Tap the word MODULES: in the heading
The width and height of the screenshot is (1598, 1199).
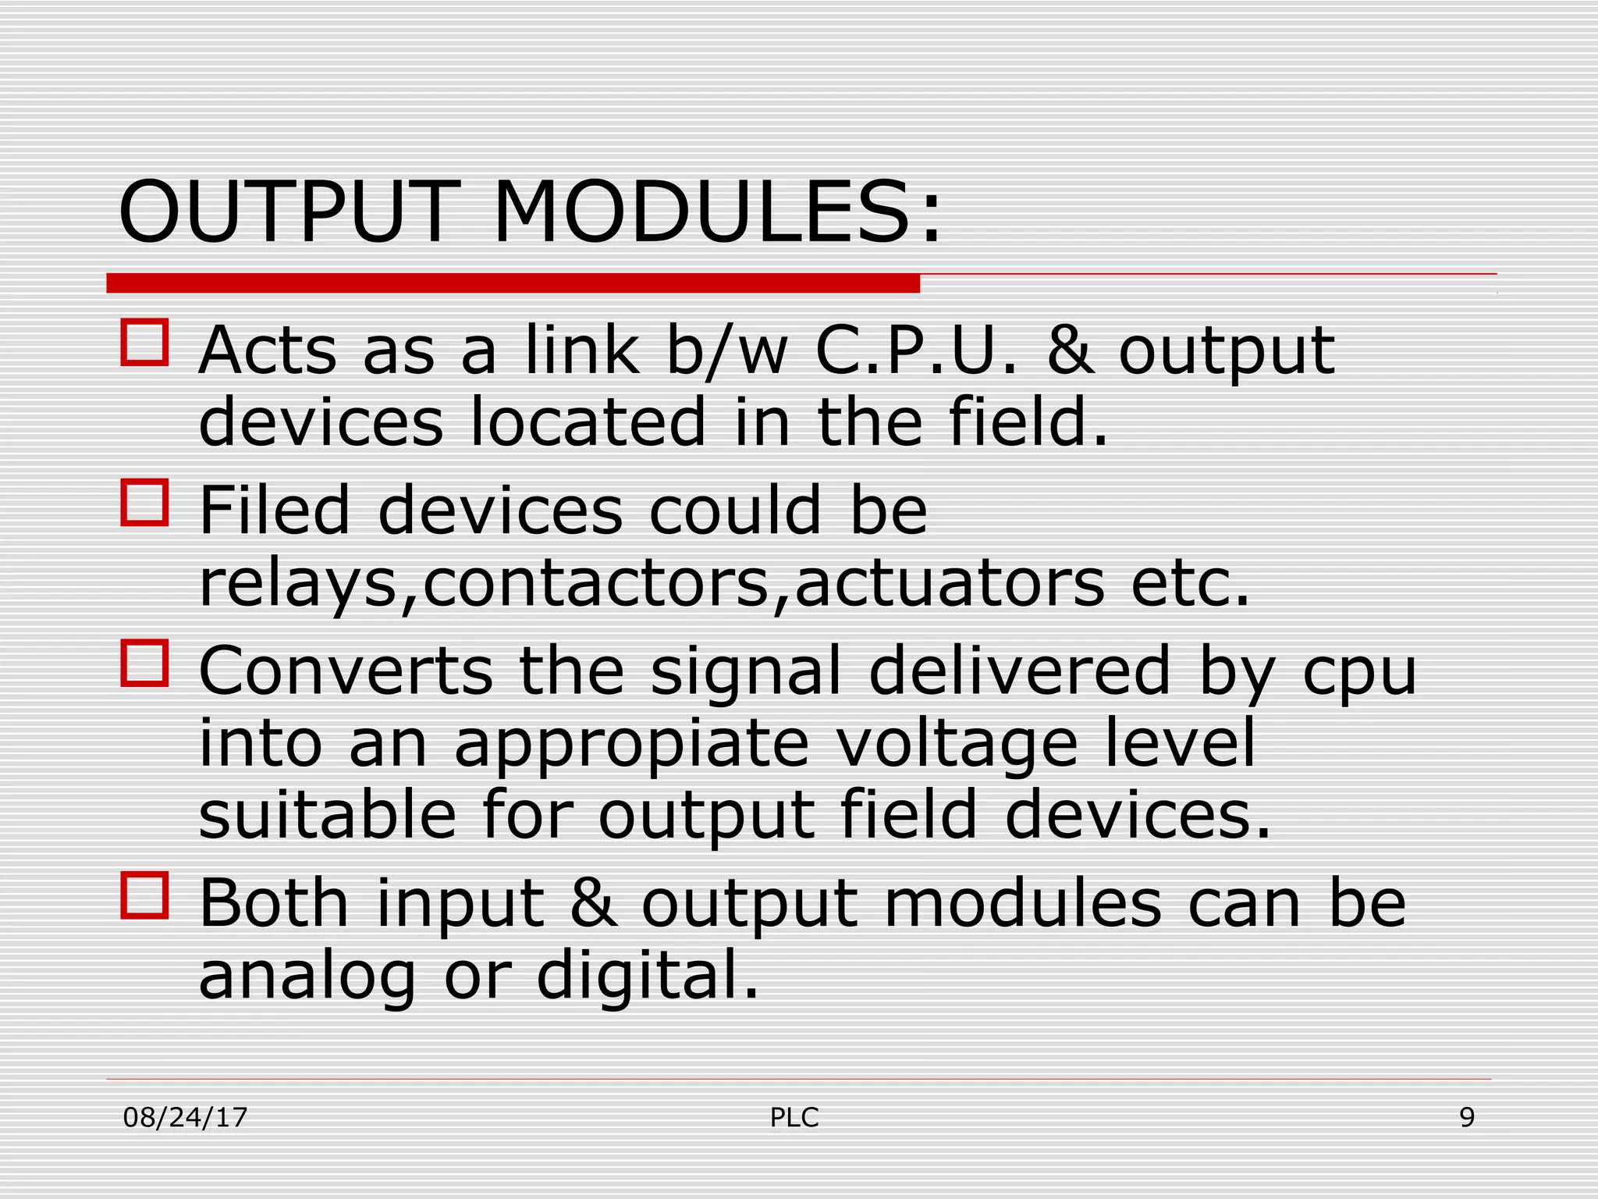point(718,212)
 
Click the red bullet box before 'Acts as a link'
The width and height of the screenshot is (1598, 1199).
point(145,342)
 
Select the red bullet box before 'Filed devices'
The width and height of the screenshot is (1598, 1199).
point(145,503)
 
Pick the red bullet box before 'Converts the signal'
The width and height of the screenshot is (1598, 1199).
point(145,663)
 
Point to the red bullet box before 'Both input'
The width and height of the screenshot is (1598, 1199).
point(145,895)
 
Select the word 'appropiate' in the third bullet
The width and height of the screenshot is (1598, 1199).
point(631,742)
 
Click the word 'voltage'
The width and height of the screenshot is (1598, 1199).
point(957,742)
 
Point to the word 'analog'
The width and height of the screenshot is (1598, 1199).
point(307,976)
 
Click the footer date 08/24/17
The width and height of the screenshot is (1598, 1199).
point(186,1118)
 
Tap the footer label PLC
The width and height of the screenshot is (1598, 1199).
point(794,1118)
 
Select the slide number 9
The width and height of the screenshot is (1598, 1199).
point(1467,1118)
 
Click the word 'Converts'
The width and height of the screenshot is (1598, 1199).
point(346,671)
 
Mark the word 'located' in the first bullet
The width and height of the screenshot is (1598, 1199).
point(588,422)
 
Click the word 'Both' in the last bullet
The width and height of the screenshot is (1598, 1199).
point(273,903)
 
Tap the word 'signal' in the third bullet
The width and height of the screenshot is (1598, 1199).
point(746,672)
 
